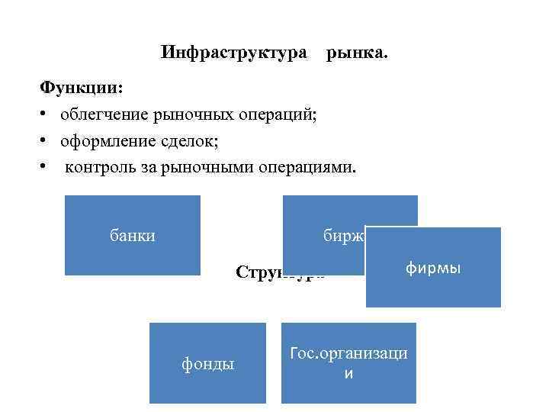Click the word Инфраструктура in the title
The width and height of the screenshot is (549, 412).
coord(235,53)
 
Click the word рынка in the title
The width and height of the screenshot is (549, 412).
coord(357,53)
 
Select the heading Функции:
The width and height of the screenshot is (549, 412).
coord(81,88)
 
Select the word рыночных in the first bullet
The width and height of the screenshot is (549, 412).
coord(191,114)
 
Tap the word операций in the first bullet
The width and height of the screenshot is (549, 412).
coord(279,114)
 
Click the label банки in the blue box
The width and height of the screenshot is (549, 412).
coord(133,235)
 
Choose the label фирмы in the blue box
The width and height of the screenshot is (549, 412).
coord(433,269)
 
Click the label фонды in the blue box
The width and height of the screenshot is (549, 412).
coord(207,364)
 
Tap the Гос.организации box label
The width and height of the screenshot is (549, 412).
coord(348,363)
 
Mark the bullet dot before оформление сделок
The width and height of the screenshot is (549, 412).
coord(46,141)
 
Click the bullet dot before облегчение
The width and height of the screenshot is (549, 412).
coord(46,114)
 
